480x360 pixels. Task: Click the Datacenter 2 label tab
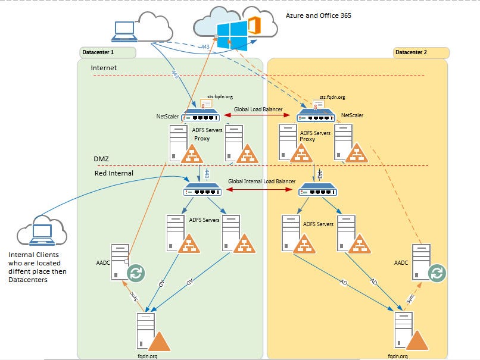point(420,52)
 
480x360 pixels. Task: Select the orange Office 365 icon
point(254,27)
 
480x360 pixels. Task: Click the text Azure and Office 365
point(319,16)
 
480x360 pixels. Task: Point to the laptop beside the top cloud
point(124,30)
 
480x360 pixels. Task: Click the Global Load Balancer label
point(258,109)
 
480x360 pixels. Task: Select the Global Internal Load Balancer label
point(262,181)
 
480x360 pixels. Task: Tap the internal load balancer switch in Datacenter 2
point(317,190)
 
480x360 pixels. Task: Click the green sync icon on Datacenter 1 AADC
point(138,273)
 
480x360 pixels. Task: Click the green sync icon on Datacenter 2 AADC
point(437,273)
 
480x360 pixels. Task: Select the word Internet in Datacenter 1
point(104,68)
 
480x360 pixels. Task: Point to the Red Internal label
point(114,173)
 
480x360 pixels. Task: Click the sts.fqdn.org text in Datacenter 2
point(332,96)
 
